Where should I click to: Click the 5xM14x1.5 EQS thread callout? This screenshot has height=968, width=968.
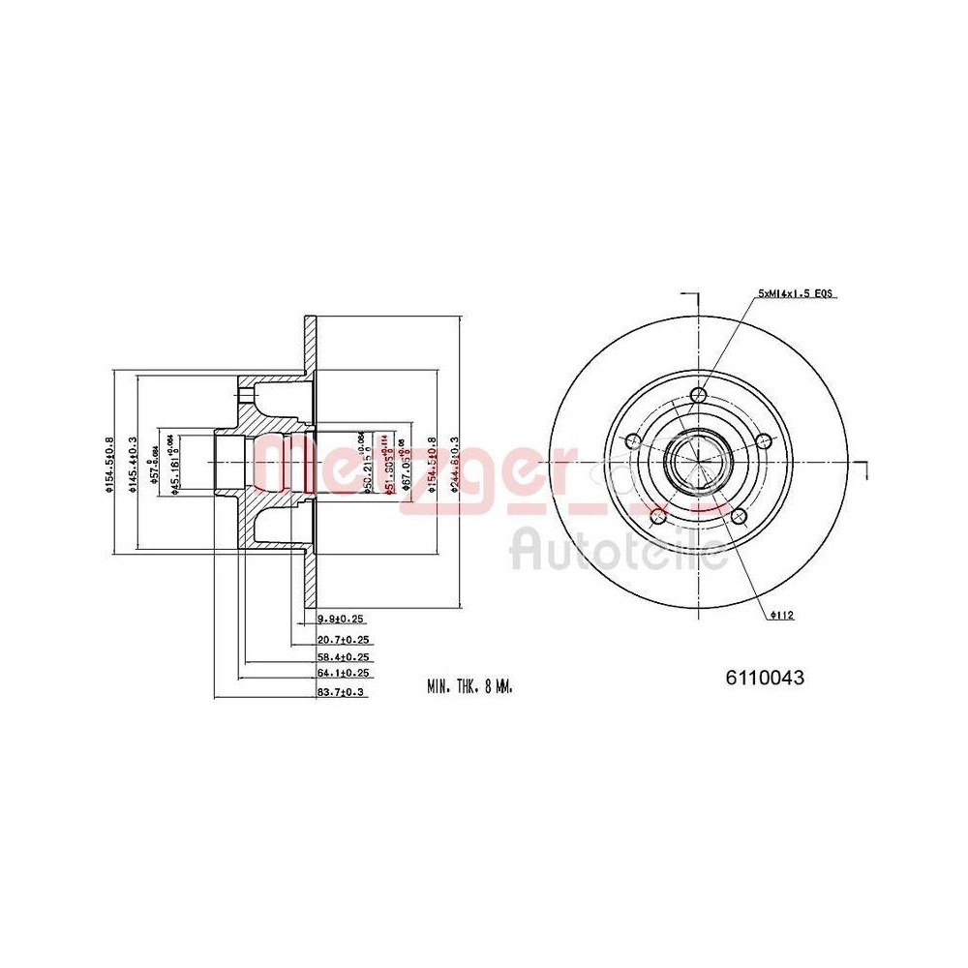click(x=797, y=292)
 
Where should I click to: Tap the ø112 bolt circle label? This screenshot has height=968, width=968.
click(x=782, y=615)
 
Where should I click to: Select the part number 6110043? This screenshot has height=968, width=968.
click(x=765, y=679)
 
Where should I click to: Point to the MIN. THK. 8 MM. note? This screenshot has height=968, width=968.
click(x=469, y=685)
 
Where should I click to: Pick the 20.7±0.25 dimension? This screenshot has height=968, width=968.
click(x=344, y=640)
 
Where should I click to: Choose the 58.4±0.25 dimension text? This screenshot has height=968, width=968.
click(x=344, y=656)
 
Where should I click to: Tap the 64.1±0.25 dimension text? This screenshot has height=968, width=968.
click(x=344, y=673)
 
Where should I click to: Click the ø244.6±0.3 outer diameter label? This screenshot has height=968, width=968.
click(x=455, y=464)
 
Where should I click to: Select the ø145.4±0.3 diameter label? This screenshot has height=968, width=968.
click(x=133, y=464)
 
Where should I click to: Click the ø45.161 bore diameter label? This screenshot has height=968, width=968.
click(x=174, y=466)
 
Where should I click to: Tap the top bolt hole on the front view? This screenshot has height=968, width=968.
click(x=698, y=395)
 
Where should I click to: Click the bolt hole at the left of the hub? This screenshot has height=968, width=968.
click(x=633, y=441)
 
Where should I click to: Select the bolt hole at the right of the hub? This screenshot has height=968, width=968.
click(x=763, y=441)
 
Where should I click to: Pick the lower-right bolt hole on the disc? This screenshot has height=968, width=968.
click(x=738, y=515)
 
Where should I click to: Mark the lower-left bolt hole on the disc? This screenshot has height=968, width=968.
click(x=658, y=515)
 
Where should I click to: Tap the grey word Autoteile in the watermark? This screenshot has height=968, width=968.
click(x=620, y=550)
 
